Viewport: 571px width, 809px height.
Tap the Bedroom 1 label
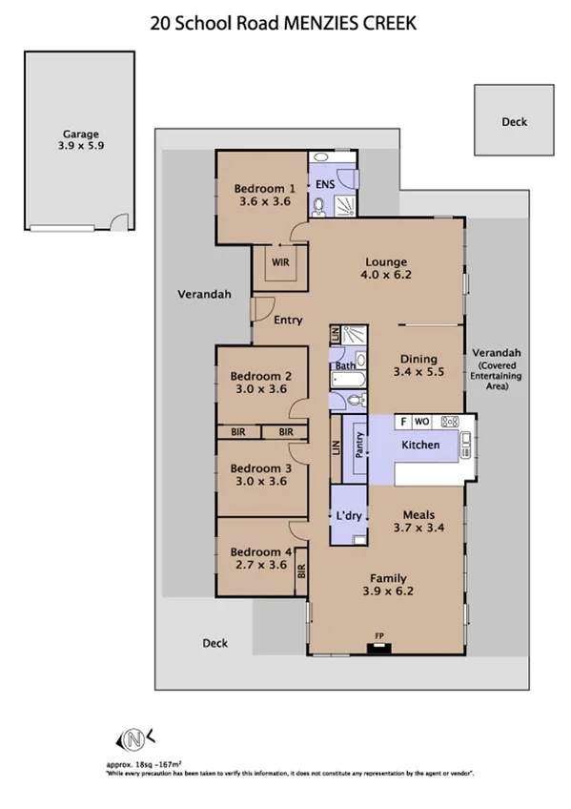point(264,195)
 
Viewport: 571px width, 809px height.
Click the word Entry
point(288,321)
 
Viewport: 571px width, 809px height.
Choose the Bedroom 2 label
point(261,382)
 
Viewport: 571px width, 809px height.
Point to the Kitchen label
point(420,446)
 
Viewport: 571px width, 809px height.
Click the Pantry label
point(359,446)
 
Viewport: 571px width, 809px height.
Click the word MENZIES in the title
point(323,23)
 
